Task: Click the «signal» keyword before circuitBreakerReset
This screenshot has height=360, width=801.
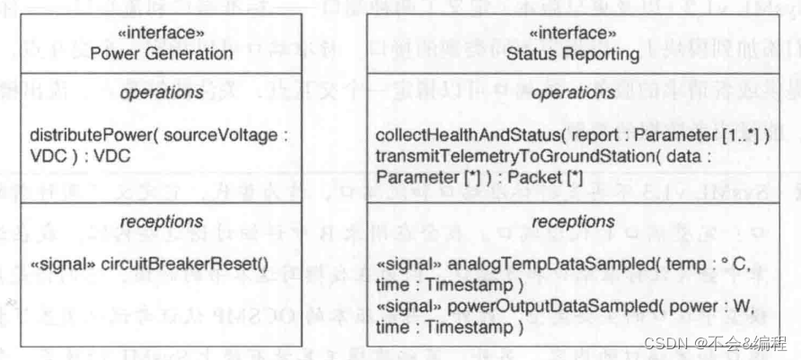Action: click(58, 265)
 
